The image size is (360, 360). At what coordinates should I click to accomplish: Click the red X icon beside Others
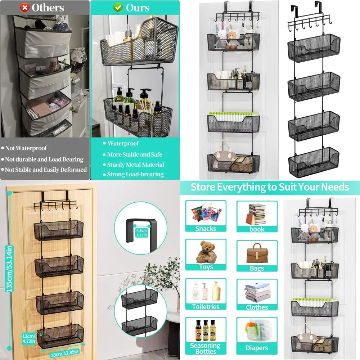pos(25,7)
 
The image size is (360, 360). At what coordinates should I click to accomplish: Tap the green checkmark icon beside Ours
pos(118,7)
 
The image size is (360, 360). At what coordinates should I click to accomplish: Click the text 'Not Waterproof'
pos(26,148)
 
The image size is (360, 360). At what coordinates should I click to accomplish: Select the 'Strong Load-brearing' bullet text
pos(135,175)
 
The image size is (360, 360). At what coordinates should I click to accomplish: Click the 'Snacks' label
pos(206,229)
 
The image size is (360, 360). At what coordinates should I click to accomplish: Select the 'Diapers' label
pos(257,348)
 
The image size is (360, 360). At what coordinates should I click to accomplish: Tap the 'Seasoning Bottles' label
pos(206,348)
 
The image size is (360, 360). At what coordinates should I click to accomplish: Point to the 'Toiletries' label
pos(206,307)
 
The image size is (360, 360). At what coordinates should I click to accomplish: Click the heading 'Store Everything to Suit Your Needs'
pos(270,187)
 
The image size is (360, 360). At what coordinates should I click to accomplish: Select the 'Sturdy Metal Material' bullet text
pos(135,165)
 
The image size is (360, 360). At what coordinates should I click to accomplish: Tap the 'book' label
pos(257,229)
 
